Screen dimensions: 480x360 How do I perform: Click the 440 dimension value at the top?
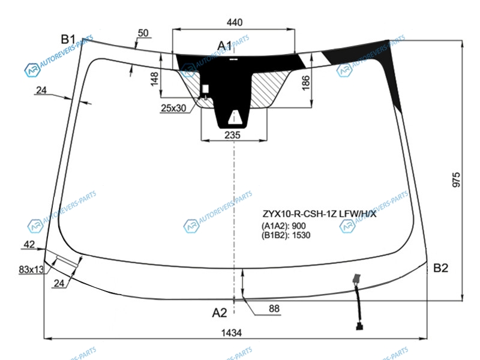[234, 22]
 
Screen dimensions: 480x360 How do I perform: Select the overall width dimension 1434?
[232, 332]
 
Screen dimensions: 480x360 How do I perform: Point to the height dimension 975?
[456, 179]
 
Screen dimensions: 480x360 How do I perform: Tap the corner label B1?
[68, 39]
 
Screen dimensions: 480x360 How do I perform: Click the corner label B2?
[440, 268]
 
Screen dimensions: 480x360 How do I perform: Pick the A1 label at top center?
[224, 46]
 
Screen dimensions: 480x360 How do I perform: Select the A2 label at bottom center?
[220, 313]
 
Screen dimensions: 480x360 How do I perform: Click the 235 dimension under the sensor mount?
[232, 134]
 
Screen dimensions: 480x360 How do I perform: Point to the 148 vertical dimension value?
[154, 79]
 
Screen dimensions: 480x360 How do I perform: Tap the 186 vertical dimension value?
[305, 83]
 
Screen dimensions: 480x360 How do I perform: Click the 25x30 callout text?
[173, 108]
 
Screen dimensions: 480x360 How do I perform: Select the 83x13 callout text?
[31, 269]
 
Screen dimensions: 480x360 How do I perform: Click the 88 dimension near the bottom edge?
[274, 308]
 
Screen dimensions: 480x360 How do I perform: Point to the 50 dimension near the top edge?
[143, 33]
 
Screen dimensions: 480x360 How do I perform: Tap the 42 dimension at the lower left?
[29, 244]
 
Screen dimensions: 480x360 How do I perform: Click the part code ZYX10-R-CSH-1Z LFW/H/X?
[319, 214]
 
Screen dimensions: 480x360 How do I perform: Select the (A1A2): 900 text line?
[283, 226]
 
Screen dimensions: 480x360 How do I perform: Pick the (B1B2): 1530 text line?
[286, 235]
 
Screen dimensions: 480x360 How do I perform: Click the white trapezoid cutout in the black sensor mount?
[235, 118]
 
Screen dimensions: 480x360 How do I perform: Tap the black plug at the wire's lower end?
[359, 326]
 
